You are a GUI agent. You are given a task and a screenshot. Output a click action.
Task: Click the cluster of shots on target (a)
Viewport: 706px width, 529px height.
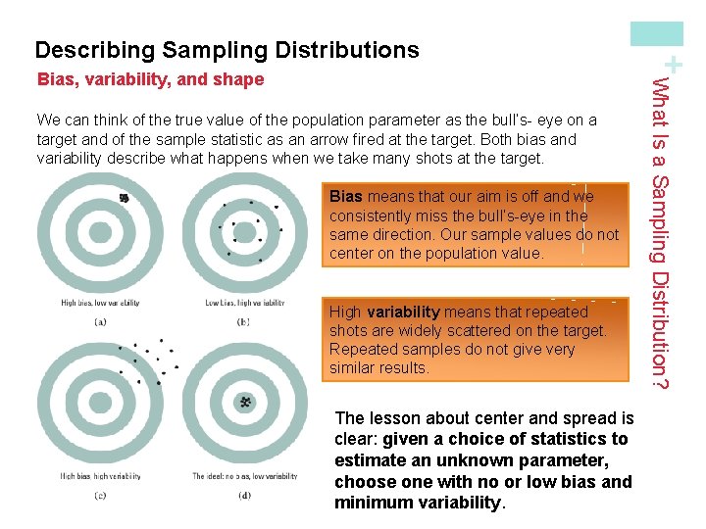click(125, 199)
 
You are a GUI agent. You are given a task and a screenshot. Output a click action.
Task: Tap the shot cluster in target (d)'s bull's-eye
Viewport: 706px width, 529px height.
click(245, 402)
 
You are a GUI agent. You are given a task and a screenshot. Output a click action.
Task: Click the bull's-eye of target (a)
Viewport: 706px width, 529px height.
click(101, 233)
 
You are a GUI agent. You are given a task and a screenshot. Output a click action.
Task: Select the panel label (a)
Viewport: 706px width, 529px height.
click(100, 321)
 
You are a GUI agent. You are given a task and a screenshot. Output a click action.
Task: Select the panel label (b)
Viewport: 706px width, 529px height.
click(243, 321)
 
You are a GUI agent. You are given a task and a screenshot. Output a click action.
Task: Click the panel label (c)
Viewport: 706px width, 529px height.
click(100, 495)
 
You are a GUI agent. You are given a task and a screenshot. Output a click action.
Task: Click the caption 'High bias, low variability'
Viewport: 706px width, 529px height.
click(100, 304)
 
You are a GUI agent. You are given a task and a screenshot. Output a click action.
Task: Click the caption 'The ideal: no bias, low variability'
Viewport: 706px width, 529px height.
click(245, 477)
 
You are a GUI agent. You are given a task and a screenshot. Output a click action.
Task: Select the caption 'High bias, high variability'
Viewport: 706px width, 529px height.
click(100, 477)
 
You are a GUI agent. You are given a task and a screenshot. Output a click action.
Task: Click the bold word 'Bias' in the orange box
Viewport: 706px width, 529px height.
click(345, 197)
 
